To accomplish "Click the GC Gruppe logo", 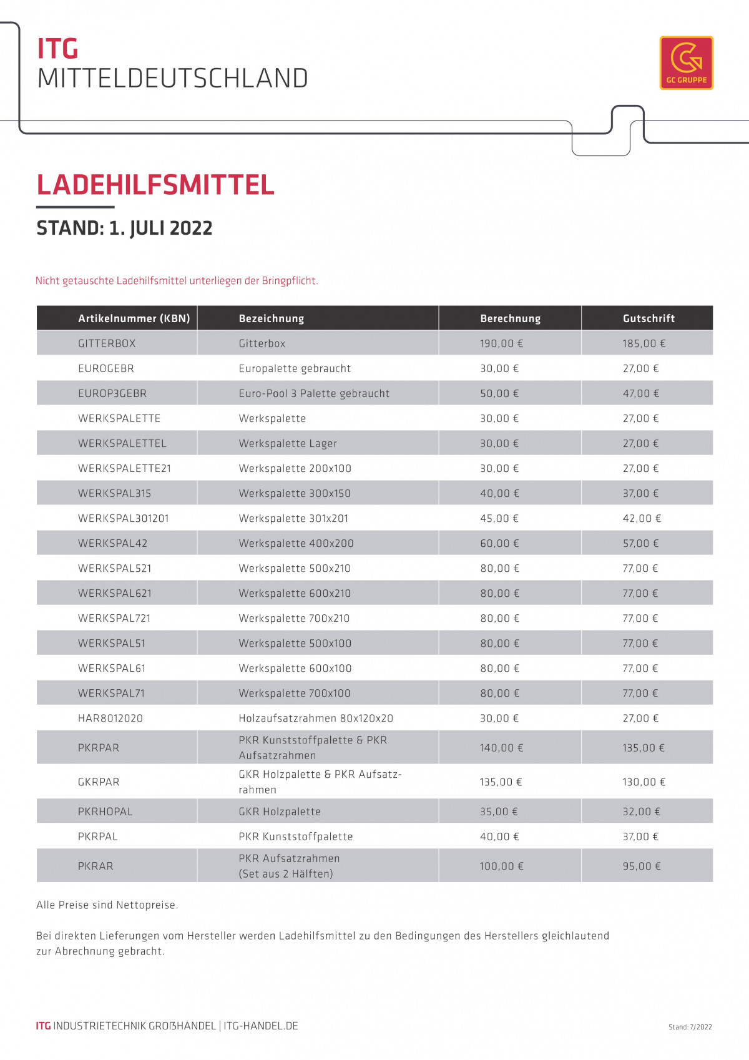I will point(686,63).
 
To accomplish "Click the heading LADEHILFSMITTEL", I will point(155,185).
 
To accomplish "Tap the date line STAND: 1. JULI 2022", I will point(124,228).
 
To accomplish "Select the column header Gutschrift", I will point(649,318).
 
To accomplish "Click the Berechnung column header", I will point(510,318).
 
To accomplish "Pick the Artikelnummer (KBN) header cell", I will point(134,318).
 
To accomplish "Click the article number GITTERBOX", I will point(107,343).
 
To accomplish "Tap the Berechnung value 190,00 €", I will point(501,343).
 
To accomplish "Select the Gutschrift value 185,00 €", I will point(644,343).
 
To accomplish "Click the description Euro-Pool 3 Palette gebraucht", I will point(314,393).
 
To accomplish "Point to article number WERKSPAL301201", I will point(124,518).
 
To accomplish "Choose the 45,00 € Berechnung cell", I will point(499,518).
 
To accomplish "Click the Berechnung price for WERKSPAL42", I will point(499,543).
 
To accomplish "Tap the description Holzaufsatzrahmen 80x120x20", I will point(316,718).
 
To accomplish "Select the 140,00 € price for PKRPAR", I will point(501,748).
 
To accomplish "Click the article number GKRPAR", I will point(99,782).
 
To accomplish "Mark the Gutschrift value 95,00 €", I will point(641,866).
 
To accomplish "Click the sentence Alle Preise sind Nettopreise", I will point(107,905).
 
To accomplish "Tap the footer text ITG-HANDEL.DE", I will point(261,1026).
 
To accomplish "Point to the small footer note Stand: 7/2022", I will point(690,1027).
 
